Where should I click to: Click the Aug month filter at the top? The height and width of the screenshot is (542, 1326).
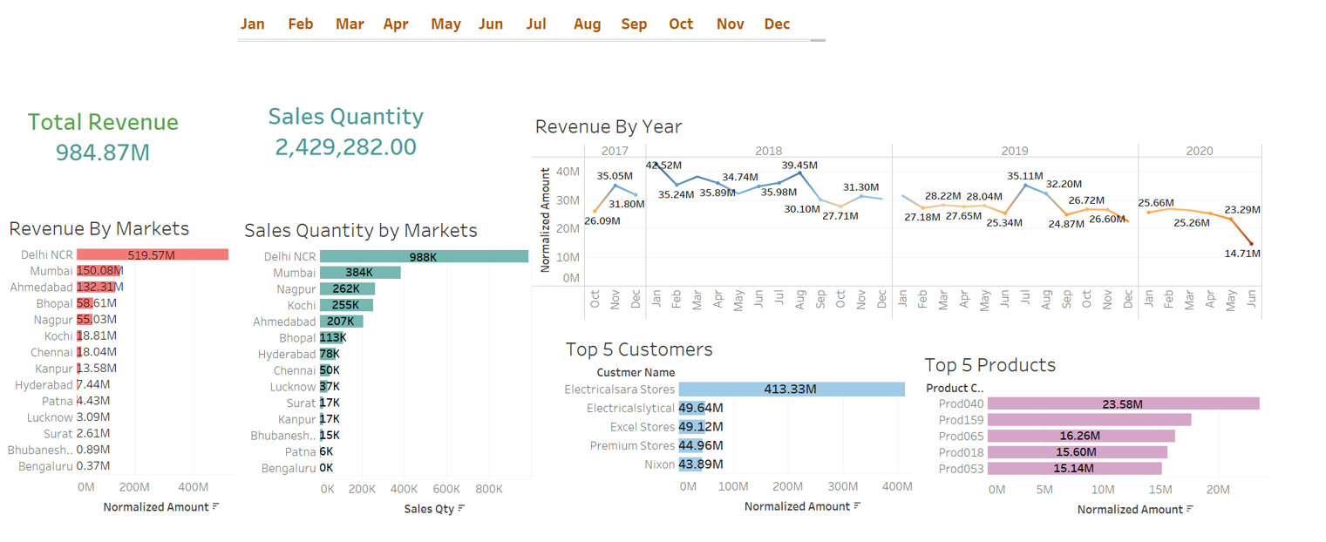tap(587, 24)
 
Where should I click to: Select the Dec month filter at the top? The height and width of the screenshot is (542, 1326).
tap(777, 24)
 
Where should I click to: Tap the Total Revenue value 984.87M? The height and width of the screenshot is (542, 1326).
tap(103, 152)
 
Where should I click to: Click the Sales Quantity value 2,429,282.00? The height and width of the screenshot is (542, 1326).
tap(345, 147)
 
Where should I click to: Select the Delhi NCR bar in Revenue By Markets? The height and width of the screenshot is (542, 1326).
tap(153, 254)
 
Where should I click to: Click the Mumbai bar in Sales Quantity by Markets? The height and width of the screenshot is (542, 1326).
tap(360, 273)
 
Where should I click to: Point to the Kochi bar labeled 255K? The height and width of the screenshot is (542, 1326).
tap(346, 305)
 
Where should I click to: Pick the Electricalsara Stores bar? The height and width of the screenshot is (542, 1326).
tap(792, 390)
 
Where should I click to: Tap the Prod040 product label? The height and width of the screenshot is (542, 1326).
tap(961, 403)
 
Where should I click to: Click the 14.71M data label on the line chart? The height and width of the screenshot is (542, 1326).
tap(1242, 254)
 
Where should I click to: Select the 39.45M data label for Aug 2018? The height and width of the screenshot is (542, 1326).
tap(799, 165)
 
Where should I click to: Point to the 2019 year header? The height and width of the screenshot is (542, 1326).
tap(1015, 151)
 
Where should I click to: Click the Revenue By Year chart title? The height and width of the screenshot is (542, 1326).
tap(609, 126)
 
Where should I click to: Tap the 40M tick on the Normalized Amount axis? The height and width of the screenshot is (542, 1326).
tap(568, 172)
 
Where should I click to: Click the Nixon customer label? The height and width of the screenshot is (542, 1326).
tap(659, 464)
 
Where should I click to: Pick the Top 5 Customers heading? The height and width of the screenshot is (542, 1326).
tap(639, 349)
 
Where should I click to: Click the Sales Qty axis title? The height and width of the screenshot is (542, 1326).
tap(429, 509)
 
